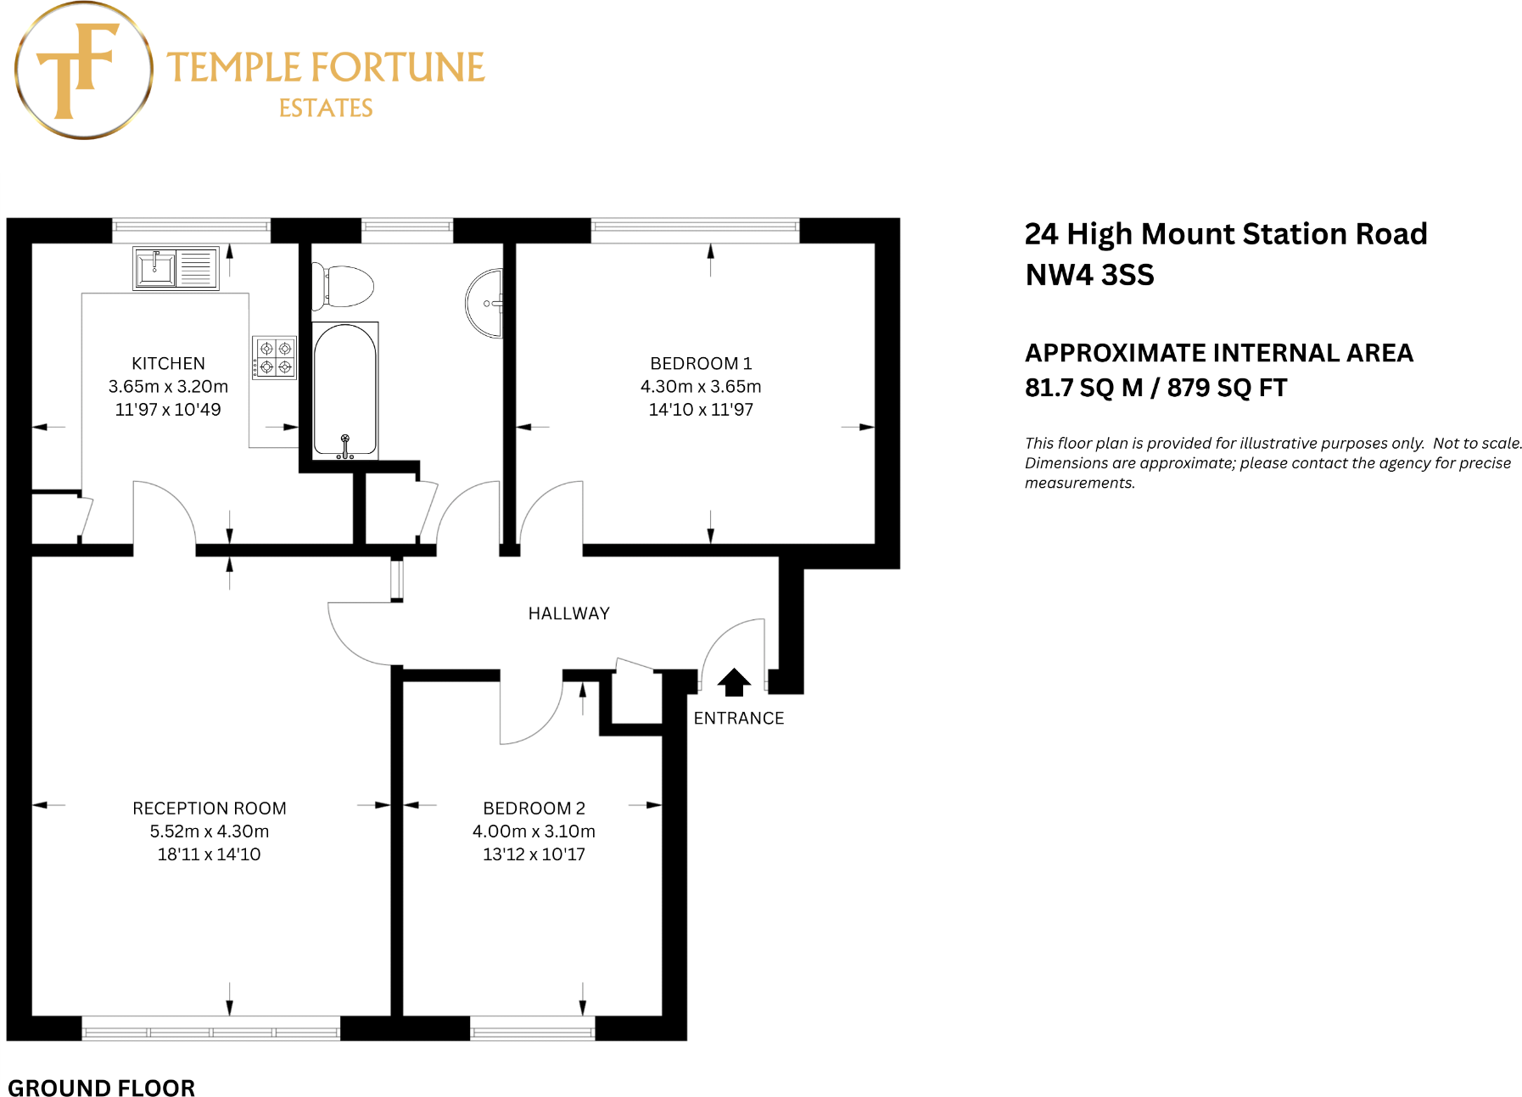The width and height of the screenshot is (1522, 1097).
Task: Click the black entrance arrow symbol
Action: (x=734, y=682)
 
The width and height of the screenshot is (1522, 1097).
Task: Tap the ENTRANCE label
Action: (x=738, y=719)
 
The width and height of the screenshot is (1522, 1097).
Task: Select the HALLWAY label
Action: (x=568, y=613)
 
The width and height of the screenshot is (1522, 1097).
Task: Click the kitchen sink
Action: (x=156, y=267)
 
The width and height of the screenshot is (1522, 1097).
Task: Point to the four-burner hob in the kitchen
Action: (x=275, y=357)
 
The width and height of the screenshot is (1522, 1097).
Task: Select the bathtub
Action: (x=345, y=390)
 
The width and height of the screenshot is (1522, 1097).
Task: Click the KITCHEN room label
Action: (x=168, y=363)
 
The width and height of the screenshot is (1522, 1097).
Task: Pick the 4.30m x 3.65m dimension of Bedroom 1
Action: (x=701, y=387)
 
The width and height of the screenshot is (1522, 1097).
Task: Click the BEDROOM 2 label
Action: (x=534, y=809)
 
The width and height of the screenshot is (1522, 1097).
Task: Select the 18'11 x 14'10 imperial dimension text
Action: (x=209, y=854)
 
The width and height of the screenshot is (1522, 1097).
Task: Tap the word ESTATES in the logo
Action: (x=326, y=109)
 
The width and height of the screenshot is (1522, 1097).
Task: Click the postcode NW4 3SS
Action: (x=1089, y=275)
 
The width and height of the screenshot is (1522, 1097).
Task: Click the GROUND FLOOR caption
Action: (x=101, y=1088)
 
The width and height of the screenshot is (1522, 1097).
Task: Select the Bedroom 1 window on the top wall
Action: (x=695, y=227)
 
